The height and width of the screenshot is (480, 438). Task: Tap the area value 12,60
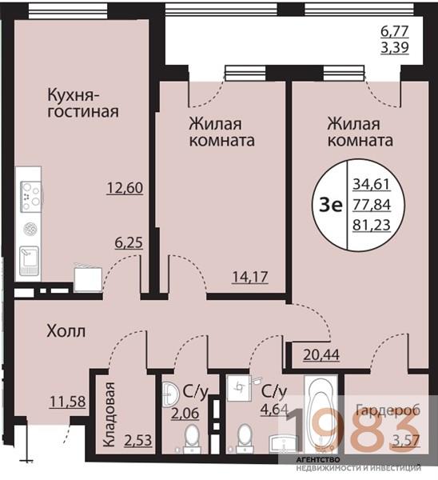[124, 189]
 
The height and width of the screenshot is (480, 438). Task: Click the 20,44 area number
[322, 352]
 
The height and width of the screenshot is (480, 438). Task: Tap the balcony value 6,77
[395, 33]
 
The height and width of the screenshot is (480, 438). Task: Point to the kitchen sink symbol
[30, 258]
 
